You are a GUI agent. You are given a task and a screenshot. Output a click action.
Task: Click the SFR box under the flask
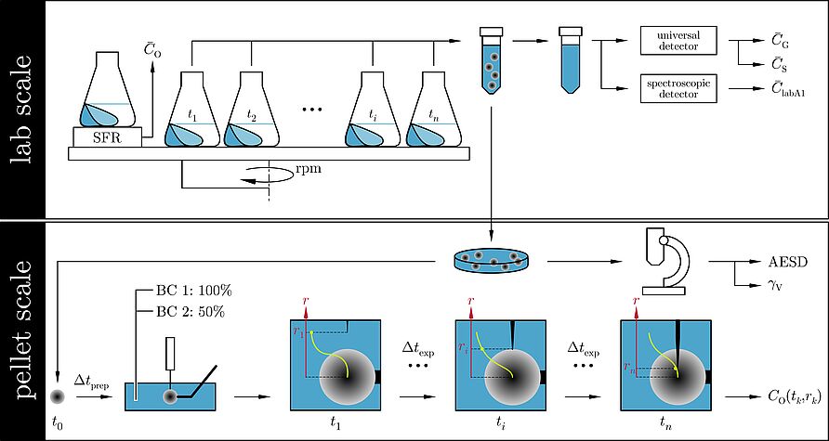click(107, 137)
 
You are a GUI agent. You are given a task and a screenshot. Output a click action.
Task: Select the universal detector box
click(678, 41)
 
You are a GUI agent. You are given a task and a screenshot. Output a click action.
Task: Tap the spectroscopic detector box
click(678, 89)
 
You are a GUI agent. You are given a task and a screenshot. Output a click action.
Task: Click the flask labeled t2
click(251, 109)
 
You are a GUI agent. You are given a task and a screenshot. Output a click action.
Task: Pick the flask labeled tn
click(433, 109)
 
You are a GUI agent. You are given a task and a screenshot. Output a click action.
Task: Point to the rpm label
click(309, 171)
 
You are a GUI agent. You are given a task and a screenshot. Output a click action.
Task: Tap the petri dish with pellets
click(493, 262)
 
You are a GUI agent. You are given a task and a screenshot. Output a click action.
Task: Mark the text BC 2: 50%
click(191, 313)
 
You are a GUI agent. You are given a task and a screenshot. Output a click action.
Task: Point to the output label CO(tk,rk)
click(795, 397)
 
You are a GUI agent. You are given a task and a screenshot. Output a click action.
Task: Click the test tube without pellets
click(571, 60)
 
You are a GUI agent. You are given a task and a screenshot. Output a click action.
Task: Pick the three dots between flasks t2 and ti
click(311, 110)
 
